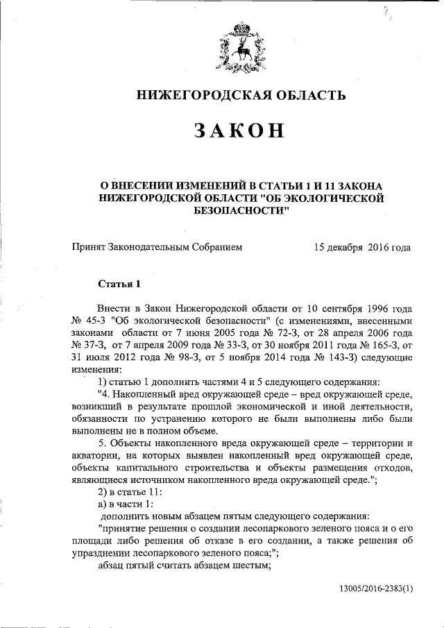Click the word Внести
(x=115, y=308)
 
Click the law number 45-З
(x=94, y=321)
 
